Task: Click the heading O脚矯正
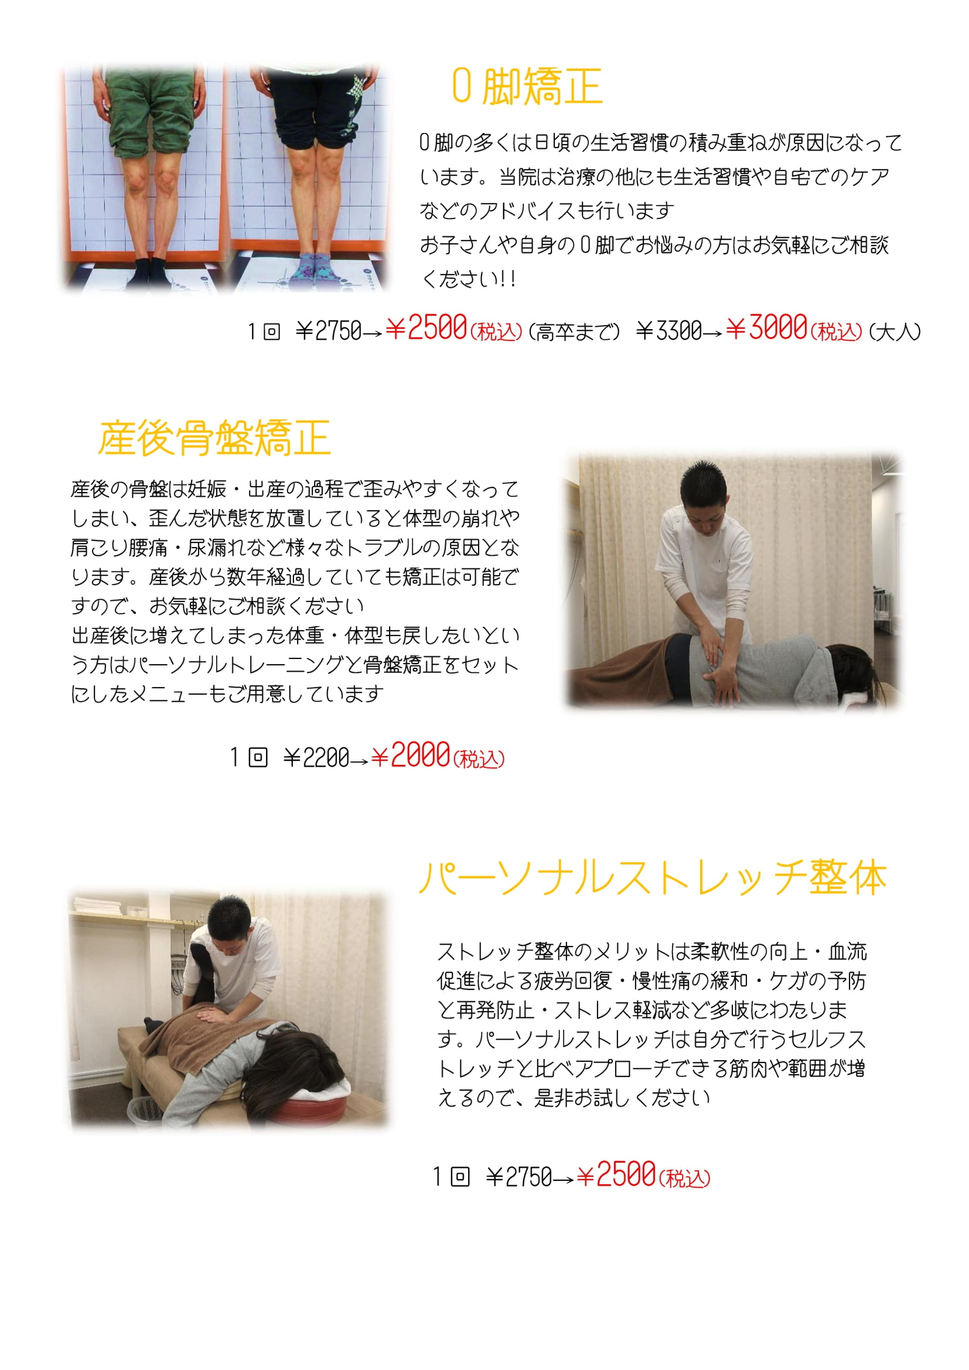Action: tap(527, 87)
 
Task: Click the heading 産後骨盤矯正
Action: tap(214, 438)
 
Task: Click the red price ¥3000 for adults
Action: tap(767, 327)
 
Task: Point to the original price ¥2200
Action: tap(316, 758)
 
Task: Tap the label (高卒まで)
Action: tap(574, 332)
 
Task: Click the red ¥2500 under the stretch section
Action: tap(616, 1174)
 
